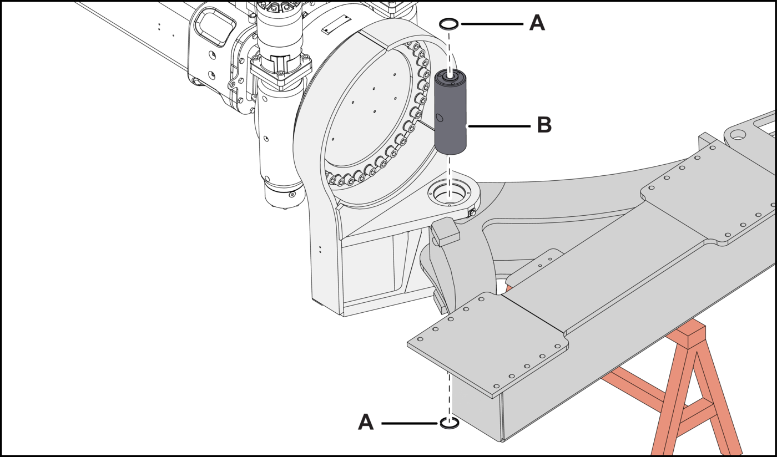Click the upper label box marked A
pos(537,23)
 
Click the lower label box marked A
pos(366,423)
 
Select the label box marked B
pos(544,126)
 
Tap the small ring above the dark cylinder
pos(448,24)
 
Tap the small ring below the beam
pos(450,424)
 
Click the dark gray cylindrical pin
pos(450,116)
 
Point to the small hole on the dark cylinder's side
pos(440,118)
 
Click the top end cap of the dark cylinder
pos(450,74)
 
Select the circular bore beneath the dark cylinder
pos(450,194)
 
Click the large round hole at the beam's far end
pos(739,134)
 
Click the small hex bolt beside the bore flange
pos(472,212)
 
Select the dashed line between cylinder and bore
pos(450,172)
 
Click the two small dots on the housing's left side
pos(320,250)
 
